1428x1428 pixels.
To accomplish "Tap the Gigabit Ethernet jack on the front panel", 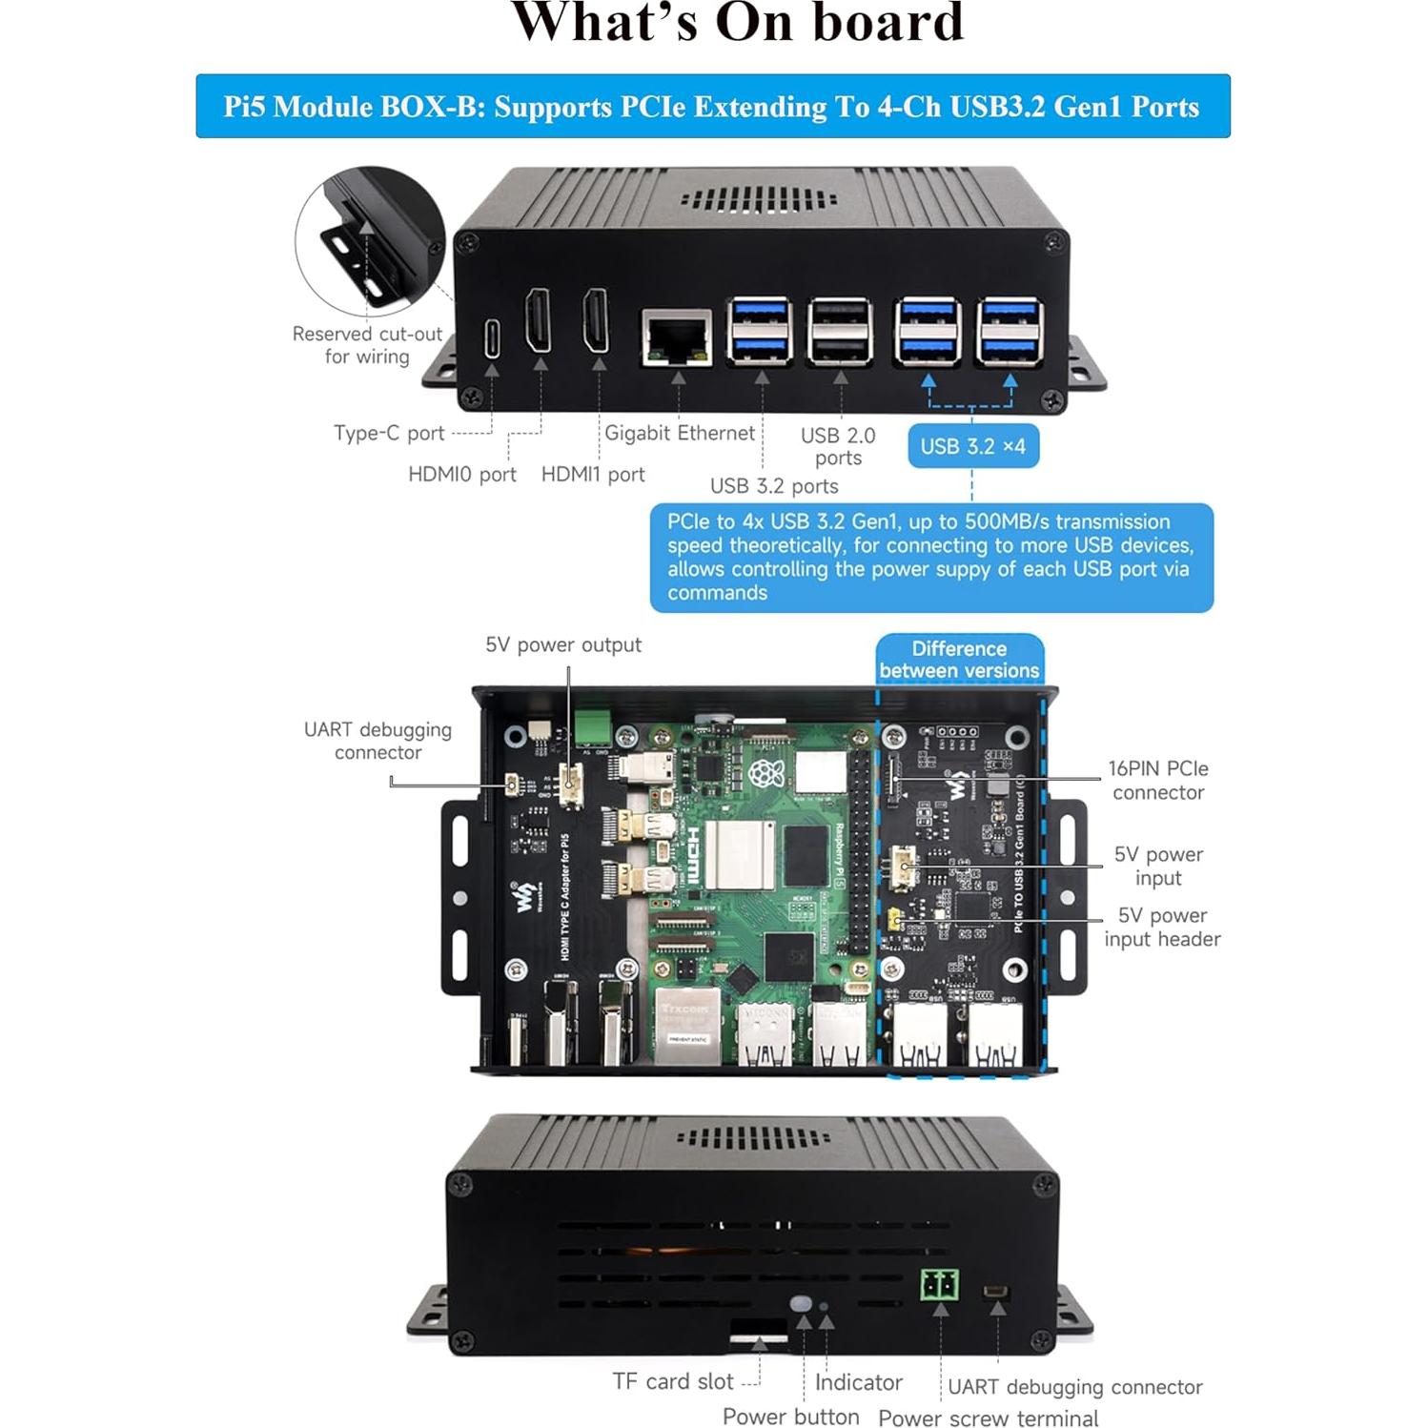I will pyautogui.click(x=677, y=337).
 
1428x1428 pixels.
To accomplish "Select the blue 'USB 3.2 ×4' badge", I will pyautogui.click(x=972, y=446).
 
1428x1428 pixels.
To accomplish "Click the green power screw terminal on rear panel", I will pyautogui.click(x=939, y=1286).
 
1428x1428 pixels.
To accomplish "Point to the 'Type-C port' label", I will pyautogui.click(x=389, y=433).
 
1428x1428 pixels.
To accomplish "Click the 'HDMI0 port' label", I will pyautogui.click(x=461, y=474).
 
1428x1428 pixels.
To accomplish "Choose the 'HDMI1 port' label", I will pyautogui.click(x=593, y=474).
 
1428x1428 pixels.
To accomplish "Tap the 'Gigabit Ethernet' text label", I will pyautogui.click(x=679, y=433).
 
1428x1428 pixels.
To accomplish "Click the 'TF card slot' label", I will pyautogui.click(x=672, y=1381).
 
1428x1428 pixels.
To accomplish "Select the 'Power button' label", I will pyautogui.click(x=790, y=1417).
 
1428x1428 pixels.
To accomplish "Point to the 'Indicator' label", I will pyautogui.click(x=858, y=1382).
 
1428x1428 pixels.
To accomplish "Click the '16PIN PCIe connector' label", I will pyautogui.click(x=1157, y=780).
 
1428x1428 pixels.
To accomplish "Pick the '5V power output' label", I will pyautogui.click(x=562, y=644).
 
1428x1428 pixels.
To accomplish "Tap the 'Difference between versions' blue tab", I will pyautogui.click(x=959, y=660).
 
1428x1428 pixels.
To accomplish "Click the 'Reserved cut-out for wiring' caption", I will pyautogui.click(x=367, y=345).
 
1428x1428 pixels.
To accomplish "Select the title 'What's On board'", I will pyautogui.click(x=737, y=23).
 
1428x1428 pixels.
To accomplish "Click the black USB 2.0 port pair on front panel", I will pyautogui.click(x=840, y=332).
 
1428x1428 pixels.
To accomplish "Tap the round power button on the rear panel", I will pyautogui.click(x=802, y=1302).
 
